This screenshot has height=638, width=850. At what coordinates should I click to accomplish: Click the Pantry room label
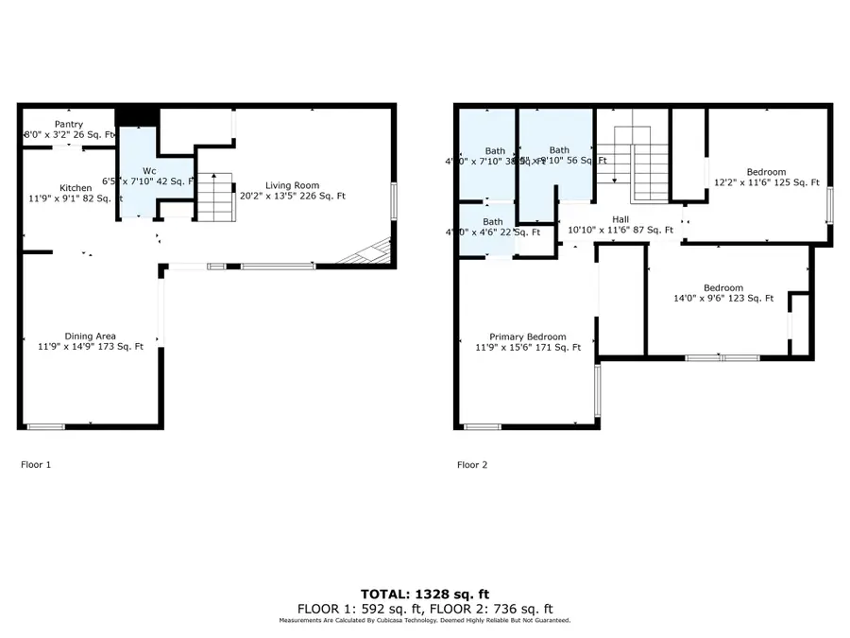[x=68, y=124]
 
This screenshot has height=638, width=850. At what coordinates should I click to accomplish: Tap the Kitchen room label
[x=76, y=187]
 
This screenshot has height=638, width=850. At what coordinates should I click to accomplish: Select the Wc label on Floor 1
[x=149, y=170]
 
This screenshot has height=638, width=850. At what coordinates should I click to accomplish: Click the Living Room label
[x=292, y=185]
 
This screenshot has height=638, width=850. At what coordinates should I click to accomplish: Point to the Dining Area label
[x=90, y=336]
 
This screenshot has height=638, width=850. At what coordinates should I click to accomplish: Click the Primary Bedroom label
[x=527, y=336]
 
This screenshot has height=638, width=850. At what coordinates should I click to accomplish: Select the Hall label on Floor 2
[x=620, y=217]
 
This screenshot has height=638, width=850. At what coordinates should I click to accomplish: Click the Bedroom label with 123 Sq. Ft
[x=722, y=287]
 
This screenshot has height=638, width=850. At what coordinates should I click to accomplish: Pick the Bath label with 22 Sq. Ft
[x=493, y=221]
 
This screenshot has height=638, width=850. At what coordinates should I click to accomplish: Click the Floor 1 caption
[x=36, y=465]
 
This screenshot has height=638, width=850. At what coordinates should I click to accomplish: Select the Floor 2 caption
[x=472, y=465]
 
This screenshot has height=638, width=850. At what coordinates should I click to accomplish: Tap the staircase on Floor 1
[x=214, y=197]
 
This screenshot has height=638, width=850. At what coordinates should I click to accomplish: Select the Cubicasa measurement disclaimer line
[x=425, y=621]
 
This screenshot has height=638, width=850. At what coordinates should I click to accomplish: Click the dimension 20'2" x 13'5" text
[x=292, y=197]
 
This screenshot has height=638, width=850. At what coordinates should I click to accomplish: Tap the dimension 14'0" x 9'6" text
[x=722, y=299]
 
